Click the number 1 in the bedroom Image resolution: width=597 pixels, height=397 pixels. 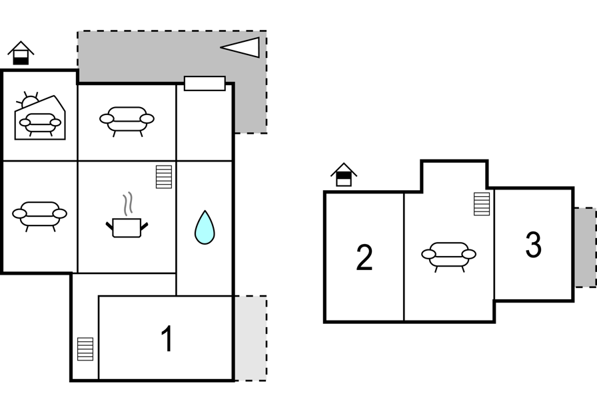[167, 338]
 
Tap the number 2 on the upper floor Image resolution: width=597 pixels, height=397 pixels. [364, 257]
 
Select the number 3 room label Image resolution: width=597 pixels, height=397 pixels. [533, 245]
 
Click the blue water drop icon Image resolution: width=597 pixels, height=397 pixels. [205, 227]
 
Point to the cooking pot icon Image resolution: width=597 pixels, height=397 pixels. [127, 227]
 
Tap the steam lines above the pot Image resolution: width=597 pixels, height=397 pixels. [129, 204]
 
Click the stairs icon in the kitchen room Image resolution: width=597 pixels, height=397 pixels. [164, 177]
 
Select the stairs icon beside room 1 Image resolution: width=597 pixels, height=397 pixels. [85, 348]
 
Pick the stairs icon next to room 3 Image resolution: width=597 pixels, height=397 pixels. [482, 204]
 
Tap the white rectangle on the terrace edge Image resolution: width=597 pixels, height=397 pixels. [205, 84]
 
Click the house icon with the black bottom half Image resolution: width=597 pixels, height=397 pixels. [21, 53]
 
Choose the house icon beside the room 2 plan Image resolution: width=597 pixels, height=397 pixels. [344, 175]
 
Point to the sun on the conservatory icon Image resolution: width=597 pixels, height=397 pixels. [28, 100]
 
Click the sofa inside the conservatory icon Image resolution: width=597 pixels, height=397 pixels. [41, 124]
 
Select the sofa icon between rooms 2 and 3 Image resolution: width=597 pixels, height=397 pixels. [449, 257]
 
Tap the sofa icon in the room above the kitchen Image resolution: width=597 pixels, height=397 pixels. [127, 121]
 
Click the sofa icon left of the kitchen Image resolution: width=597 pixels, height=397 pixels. [39, 216]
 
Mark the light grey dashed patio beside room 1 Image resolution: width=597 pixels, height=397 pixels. [250, 338]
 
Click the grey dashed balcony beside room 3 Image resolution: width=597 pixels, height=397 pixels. [585, 247]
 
